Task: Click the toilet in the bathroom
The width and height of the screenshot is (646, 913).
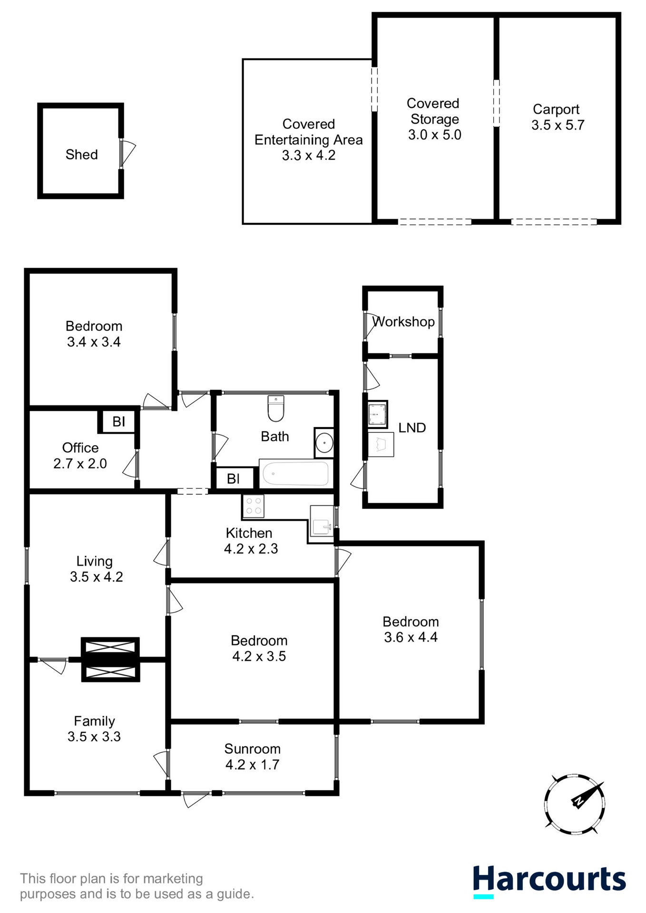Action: point(276,408)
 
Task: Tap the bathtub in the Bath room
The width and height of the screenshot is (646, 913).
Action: point(295,473)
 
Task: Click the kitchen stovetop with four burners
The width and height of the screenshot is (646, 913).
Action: point(253,506)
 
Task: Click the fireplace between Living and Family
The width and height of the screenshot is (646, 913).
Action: point(110,660)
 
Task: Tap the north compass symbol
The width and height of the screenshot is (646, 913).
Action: point(575,804)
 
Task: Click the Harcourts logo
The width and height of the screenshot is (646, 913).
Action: point(549,880)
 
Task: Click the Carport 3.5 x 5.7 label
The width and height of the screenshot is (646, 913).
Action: point(557,117)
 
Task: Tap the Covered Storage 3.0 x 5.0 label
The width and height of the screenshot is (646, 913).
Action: point(434,119)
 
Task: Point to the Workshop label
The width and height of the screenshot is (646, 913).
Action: point(404,322)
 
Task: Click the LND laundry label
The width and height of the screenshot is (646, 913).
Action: point(412,428)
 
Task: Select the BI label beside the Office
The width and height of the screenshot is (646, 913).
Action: point(118,421)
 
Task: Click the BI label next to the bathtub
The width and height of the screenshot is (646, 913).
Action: point(233,478)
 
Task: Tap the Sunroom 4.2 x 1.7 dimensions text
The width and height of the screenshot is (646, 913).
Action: point(252,765)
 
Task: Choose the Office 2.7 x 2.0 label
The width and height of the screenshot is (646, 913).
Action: point(80,456)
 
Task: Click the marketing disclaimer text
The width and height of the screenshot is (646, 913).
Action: point(137,886)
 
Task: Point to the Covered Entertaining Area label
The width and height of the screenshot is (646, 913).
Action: point(308,139)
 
